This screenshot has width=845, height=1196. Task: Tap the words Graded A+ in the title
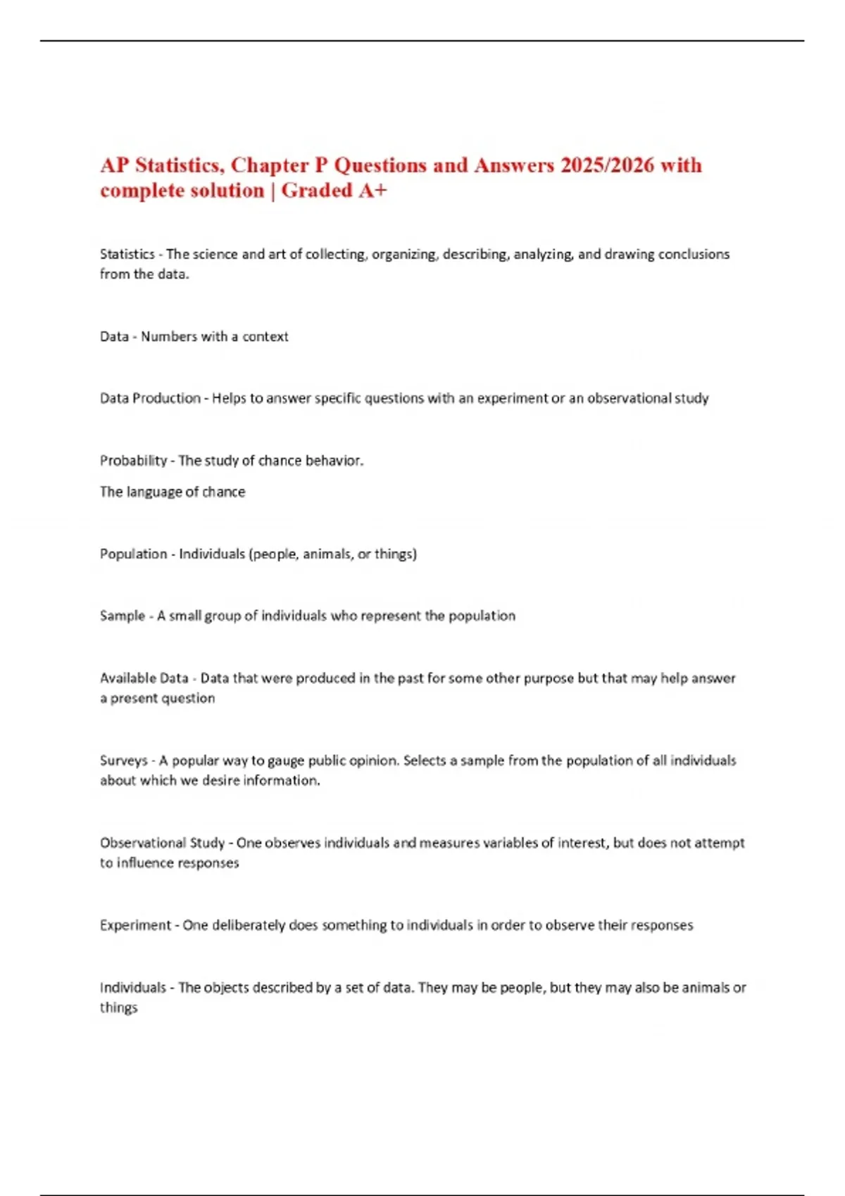(334, 191)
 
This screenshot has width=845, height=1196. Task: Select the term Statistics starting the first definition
(127, 254)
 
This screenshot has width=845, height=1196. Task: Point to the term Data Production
(150, 398)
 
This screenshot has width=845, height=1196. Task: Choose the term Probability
(133, 461)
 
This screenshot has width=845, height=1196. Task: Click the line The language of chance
(173, 492)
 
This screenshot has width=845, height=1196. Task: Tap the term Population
(133, 554)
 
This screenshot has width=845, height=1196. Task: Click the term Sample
(122, 616)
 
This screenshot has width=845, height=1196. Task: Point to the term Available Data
(144, 678)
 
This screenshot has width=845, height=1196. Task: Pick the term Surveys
(123, 761)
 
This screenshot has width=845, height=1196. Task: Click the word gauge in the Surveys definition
(285, 761)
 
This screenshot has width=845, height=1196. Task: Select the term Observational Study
(162, 843)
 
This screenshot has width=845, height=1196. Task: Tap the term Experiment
(134, 925)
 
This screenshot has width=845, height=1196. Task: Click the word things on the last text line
(118, 1008)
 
